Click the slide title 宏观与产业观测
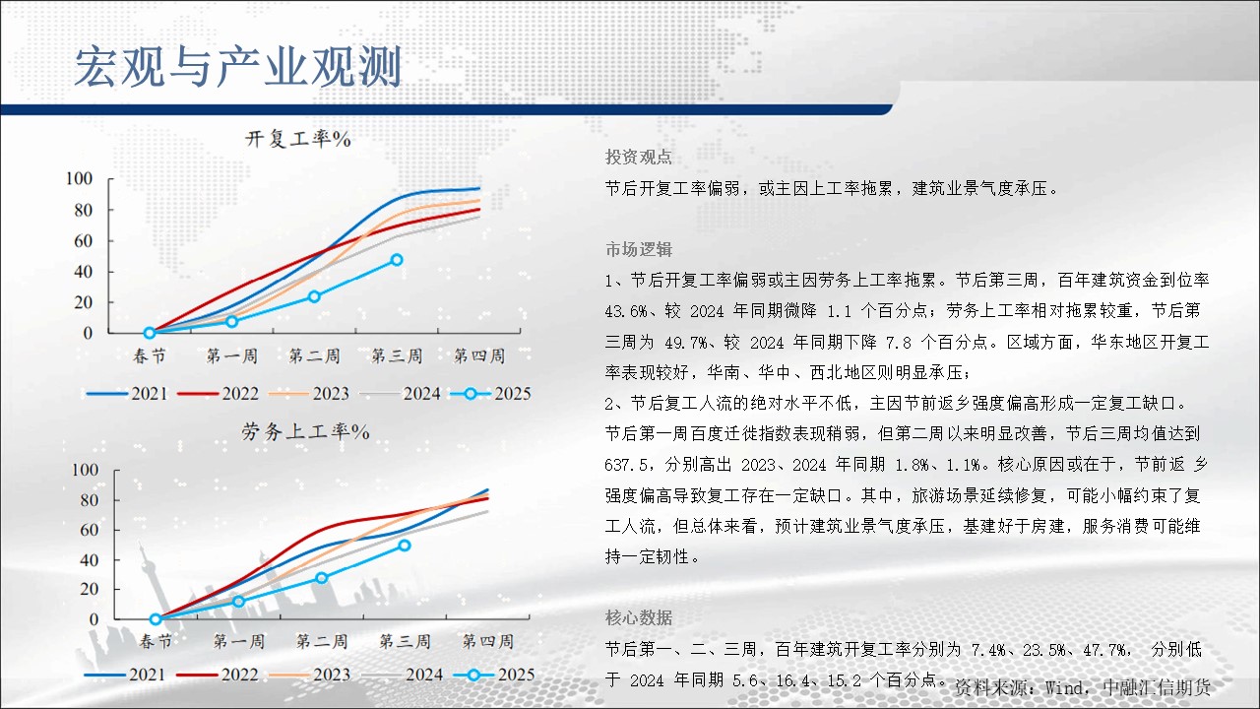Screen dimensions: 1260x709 [238, 67]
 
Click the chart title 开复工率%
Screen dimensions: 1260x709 [298, 139]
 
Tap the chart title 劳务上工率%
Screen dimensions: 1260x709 [305, 431]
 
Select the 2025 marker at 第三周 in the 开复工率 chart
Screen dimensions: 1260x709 [397, 260]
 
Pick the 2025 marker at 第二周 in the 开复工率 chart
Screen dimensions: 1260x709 [314, 296]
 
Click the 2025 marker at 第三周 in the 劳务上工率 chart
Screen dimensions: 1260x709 [404, 546]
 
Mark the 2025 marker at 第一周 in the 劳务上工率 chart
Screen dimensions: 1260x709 [238, 602]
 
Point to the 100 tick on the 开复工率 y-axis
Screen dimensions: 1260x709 [80, 179]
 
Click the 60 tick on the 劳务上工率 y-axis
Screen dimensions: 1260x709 [89, 530]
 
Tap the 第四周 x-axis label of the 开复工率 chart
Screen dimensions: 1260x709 [479, 355]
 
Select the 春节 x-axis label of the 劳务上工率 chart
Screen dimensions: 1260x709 [156, 641]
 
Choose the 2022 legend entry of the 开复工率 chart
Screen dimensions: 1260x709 [218, 393]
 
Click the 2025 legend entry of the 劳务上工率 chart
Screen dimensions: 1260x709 [493, 675]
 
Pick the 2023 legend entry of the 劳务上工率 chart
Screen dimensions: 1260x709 [309, 675]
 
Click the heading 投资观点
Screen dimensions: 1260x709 [639, 157]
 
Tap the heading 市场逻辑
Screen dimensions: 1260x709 [639, 249]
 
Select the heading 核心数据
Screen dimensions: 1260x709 [639, 617]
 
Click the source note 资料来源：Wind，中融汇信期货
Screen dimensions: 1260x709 [1083, 687]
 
